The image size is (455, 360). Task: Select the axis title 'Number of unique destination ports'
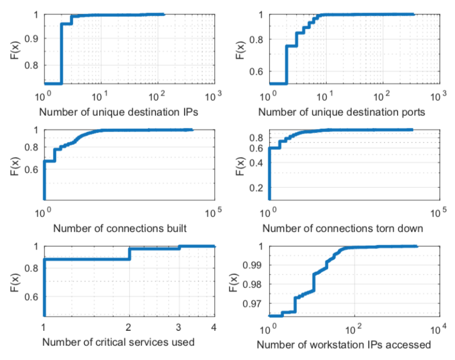pyautogui.click(x=341, y=113)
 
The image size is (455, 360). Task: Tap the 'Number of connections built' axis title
pyautogui.click(x=114, y=228)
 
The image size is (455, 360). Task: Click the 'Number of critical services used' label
pyautogui.click(x=118, y=342)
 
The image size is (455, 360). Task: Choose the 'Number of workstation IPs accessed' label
pyautogui.click(x=344, y=344)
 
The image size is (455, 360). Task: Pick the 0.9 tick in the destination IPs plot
pyautogui.click(x=32, y=40)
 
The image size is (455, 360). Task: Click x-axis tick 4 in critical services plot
pyautogui.click(x=213, y=328)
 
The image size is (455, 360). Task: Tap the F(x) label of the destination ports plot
pyautogui.click(x=239, y=50)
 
